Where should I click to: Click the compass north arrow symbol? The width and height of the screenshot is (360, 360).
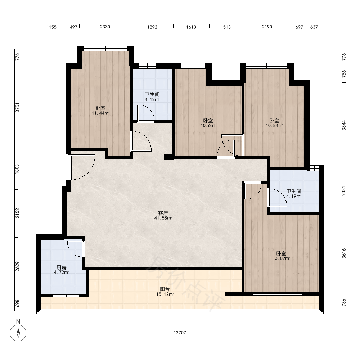pos(18,333)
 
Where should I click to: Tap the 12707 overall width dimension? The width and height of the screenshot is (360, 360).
pos(180,332)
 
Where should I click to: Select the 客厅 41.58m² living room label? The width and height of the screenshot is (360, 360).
pos(163,216)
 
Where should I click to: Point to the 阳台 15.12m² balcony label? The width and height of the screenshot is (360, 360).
pos(165,292)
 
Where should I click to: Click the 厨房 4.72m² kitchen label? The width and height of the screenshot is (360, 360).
pos(61,270)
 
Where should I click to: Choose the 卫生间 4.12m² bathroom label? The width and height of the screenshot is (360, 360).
pos(152,97)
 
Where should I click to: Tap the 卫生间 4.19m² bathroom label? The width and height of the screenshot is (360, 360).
pos(293,194)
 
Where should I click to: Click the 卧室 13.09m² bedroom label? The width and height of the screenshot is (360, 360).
pos(281,256)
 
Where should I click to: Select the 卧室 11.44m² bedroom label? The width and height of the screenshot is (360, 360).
pos(100,111)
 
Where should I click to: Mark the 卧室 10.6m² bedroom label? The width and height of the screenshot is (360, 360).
pos(208,123)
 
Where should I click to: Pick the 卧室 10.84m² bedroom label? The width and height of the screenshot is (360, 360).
pos(274,123)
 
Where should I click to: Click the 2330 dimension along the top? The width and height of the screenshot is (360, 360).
pos(105,27)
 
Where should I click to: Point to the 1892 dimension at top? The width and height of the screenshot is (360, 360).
pos(152,27)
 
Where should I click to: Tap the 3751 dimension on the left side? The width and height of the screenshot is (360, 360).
pos(17,107)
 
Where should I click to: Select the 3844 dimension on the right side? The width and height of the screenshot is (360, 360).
pos(344,125)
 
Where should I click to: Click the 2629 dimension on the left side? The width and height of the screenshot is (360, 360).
pos(17,266)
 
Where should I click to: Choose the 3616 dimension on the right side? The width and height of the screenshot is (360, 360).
pos(344,253)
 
